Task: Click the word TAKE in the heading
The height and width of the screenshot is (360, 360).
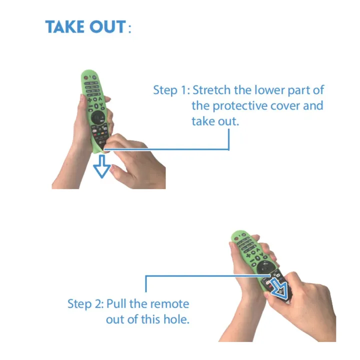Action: coord(64,26)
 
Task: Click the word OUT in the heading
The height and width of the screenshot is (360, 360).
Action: coord(107,26)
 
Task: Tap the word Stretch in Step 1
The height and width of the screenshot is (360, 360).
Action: coord(211,90)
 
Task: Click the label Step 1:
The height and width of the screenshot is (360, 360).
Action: coord(171,90)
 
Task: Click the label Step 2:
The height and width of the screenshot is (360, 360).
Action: coord(85,304)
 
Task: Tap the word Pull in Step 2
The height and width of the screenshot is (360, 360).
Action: coord(116,304)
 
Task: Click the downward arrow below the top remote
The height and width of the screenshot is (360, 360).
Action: coord(102,166)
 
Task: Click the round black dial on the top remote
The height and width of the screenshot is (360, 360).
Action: coord(98,118)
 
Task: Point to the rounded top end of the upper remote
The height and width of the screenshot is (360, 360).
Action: coord(89,71)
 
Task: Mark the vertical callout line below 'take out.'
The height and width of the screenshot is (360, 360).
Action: coord(228,139)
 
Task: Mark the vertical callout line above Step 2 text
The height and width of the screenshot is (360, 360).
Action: coord(146,284)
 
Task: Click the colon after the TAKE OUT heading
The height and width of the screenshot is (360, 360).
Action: coord(129,28)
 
